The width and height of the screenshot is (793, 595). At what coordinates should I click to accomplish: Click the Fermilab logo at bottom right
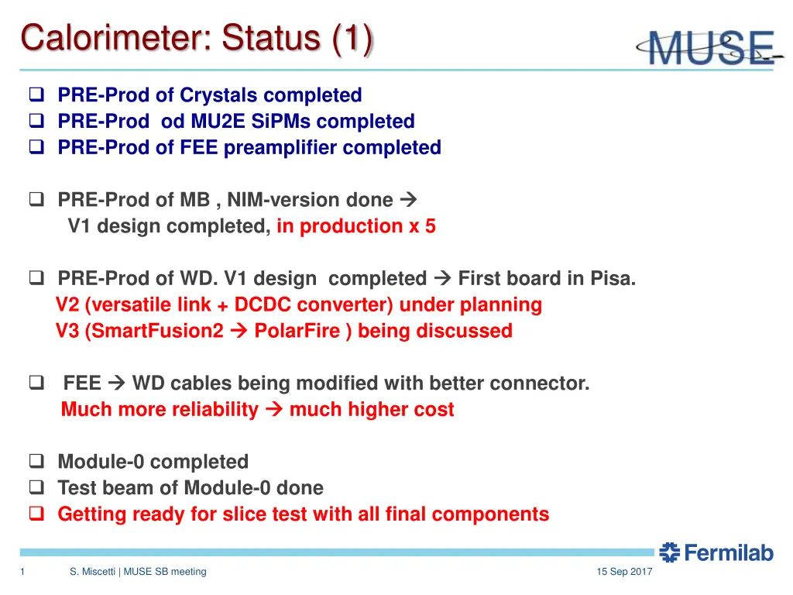point(716,552)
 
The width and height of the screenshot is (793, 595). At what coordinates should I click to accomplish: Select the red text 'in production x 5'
point(355,226)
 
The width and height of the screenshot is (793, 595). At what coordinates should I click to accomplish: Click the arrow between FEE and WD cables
point(117,383)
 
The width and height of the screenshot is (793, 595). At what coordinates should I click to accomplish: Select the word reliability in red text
point(211,410)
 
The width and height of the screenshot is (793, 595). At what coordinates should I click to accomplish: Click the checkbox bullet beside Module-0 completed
point(36,463)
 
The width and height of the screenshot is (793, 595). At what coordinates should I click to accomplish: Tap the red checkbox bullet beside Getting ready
point(36,514)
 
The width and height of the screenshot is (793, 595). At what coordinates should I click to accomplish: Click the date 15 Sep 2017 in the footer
point(624,572)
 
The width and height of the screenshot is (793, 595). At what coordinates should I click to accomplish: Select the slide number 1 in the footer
point(23,572)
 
